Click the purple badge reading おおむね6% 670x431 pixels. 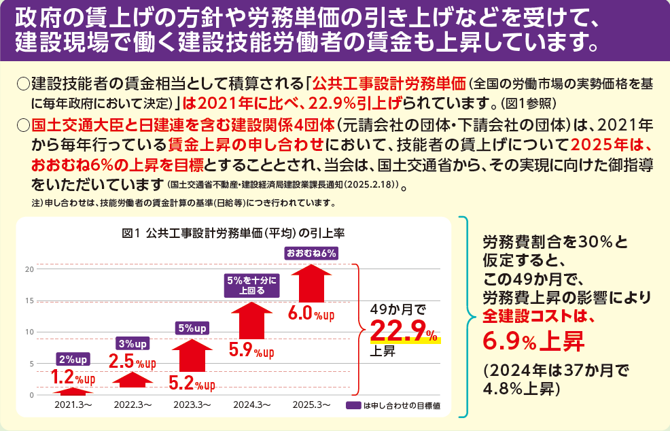(311, 254)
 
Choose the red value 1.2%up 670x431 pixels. (73, 377)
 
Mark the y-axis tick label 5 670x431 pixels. (31, 364)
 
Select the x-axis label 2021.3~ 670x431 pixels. (73, 404)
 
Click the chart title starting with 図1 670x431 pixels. (232, 232)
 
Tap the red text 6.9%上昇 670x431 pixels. (533, 339)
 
